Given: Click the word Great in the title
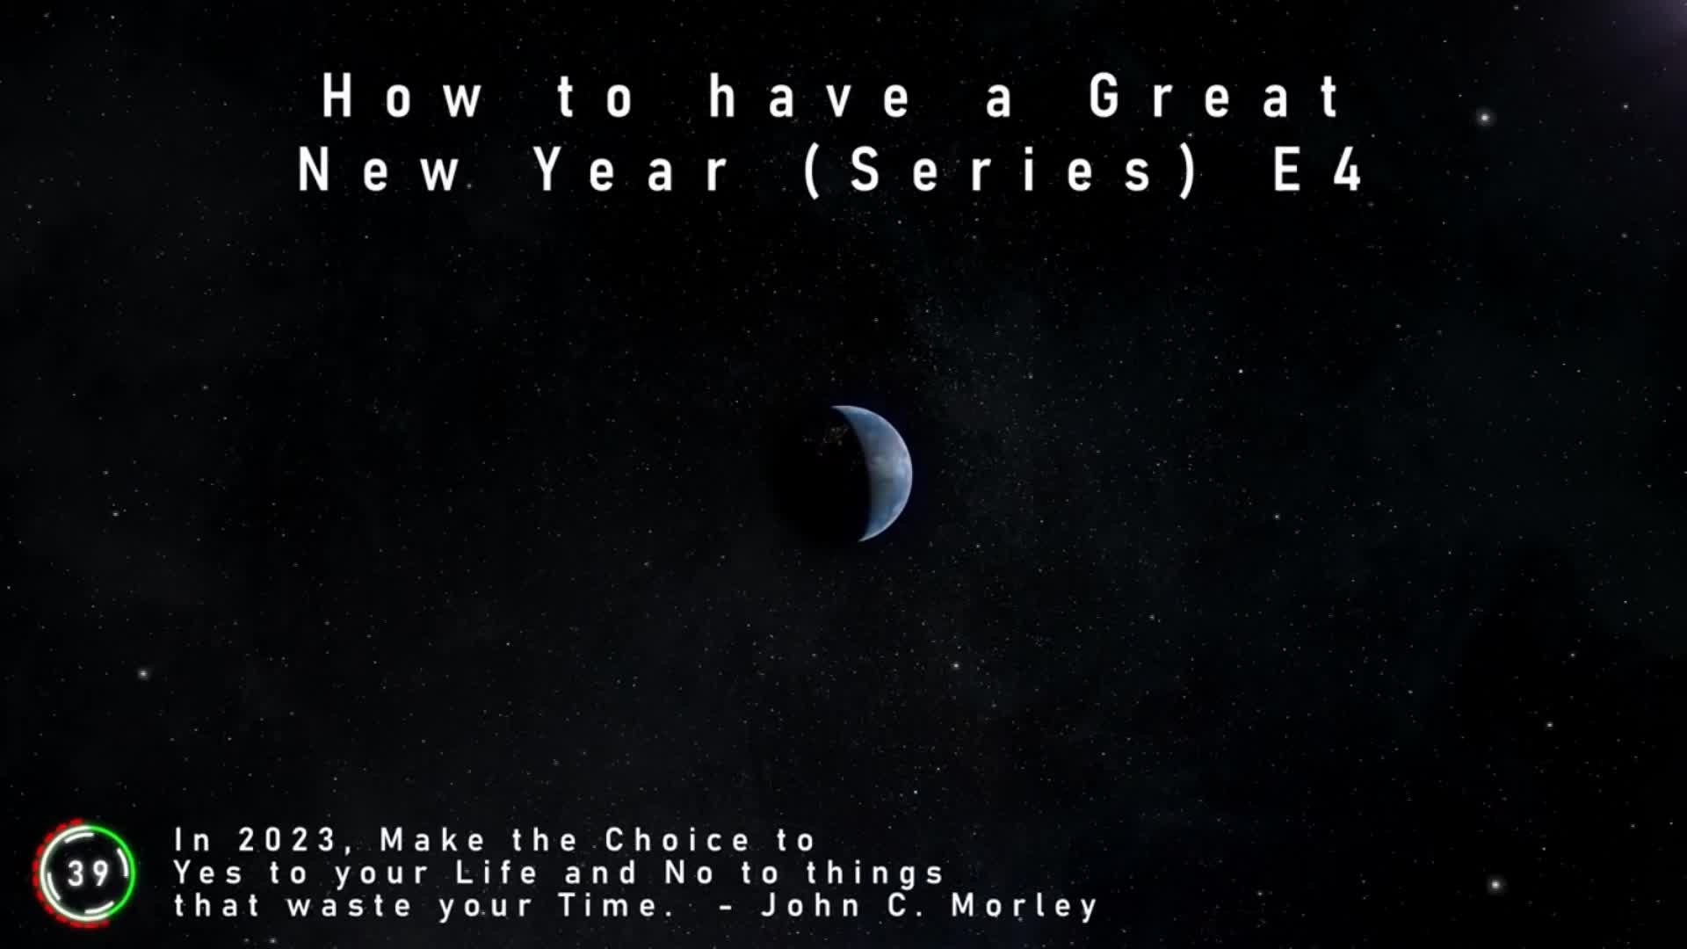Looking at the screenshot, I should point(1215,96).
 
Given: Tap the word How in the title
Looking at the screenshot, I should point(402,96).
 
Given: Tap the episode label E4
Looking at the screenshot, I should point(1317,169).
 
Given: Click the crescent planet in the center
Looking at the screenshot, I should point(879,473).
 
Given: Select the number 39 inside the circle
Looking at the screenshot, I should point(88,873).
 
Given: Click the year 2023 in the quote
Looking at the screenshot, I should point(288,840).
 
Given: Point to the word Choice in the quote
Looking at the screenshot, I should point(677,840).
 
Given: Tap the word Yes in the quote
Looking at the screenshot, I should point(208,873).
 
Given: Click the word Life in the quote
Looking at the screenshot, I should point(496,873).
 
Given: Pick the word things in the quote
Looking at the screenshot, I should point(874,873).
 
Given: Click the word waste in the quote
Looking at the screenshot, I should point(350,906).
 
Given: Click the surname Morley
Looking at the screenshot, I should point(1025,906).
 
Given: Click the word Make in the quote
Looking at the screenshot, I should point(432,840).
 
